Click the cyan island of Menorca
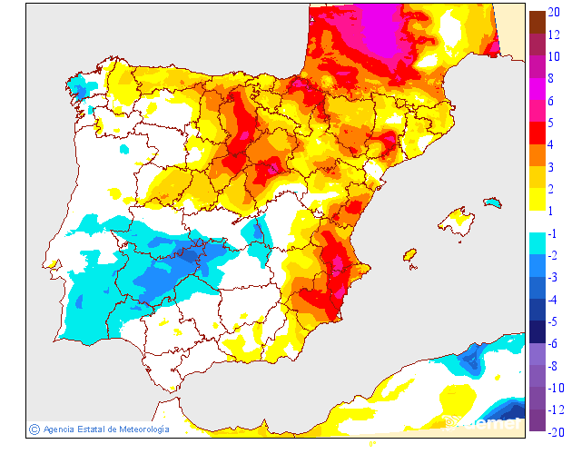pos(493,202)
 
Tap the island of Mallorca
pos(457,222)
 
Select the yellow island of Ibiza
pos(409,255)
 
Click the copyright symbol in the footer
pos(34,429)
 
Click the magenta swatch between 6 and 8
pos(537,89)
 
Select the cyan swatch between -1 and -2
pos(537,244)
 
